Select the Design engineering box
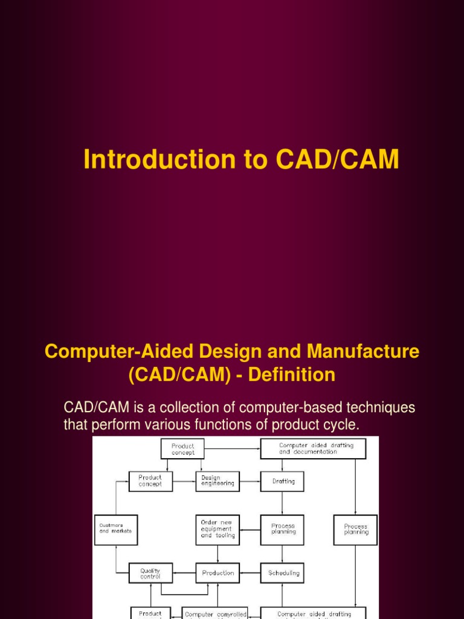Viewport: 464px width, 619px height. tap(217, 482)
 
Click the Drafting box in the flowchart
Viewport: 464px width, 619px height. tap(282, 482)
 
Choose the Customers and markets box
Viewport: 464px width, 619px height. tap(116, 530)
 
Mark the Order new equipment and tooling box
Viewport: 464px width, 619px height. tap(217, 530)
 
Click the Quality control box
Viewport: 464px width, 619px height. tap(150, 573)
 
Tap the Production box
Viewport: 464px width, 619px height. tap(217, 573)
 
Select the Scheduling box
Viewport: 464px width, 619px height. tap(282, 573)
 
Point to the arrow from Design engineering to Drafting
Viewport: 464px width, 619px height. tap(250, 482)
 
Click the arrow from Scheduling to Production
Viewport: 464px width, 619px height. tap(250, 573)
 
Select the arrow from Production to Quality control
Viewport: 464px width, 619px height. tap(184, 573)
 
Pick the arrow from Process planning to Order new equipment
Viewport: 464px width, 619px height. tap(250, 530)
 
